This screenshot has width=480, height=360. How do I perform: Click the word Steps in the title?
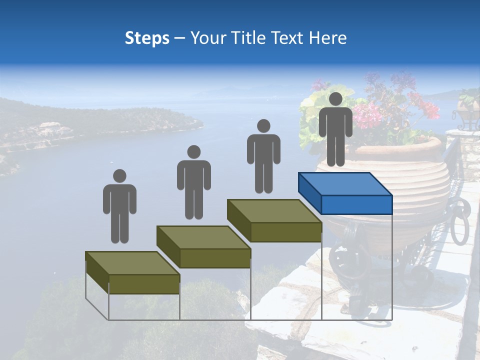tap(147, 38)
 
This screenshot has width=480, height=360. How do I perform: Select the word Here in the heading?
tap(327, 38)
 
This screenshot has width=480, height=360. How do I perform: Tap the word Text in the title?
tap(289, 38)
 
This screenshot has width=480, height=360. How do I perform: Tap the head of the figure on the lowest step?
tap(119, 176)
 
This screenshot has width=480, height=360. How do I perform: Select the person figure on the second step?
tap(193, 182)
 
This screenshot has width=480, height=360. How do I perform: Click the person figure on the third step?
tap(263, 156)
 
